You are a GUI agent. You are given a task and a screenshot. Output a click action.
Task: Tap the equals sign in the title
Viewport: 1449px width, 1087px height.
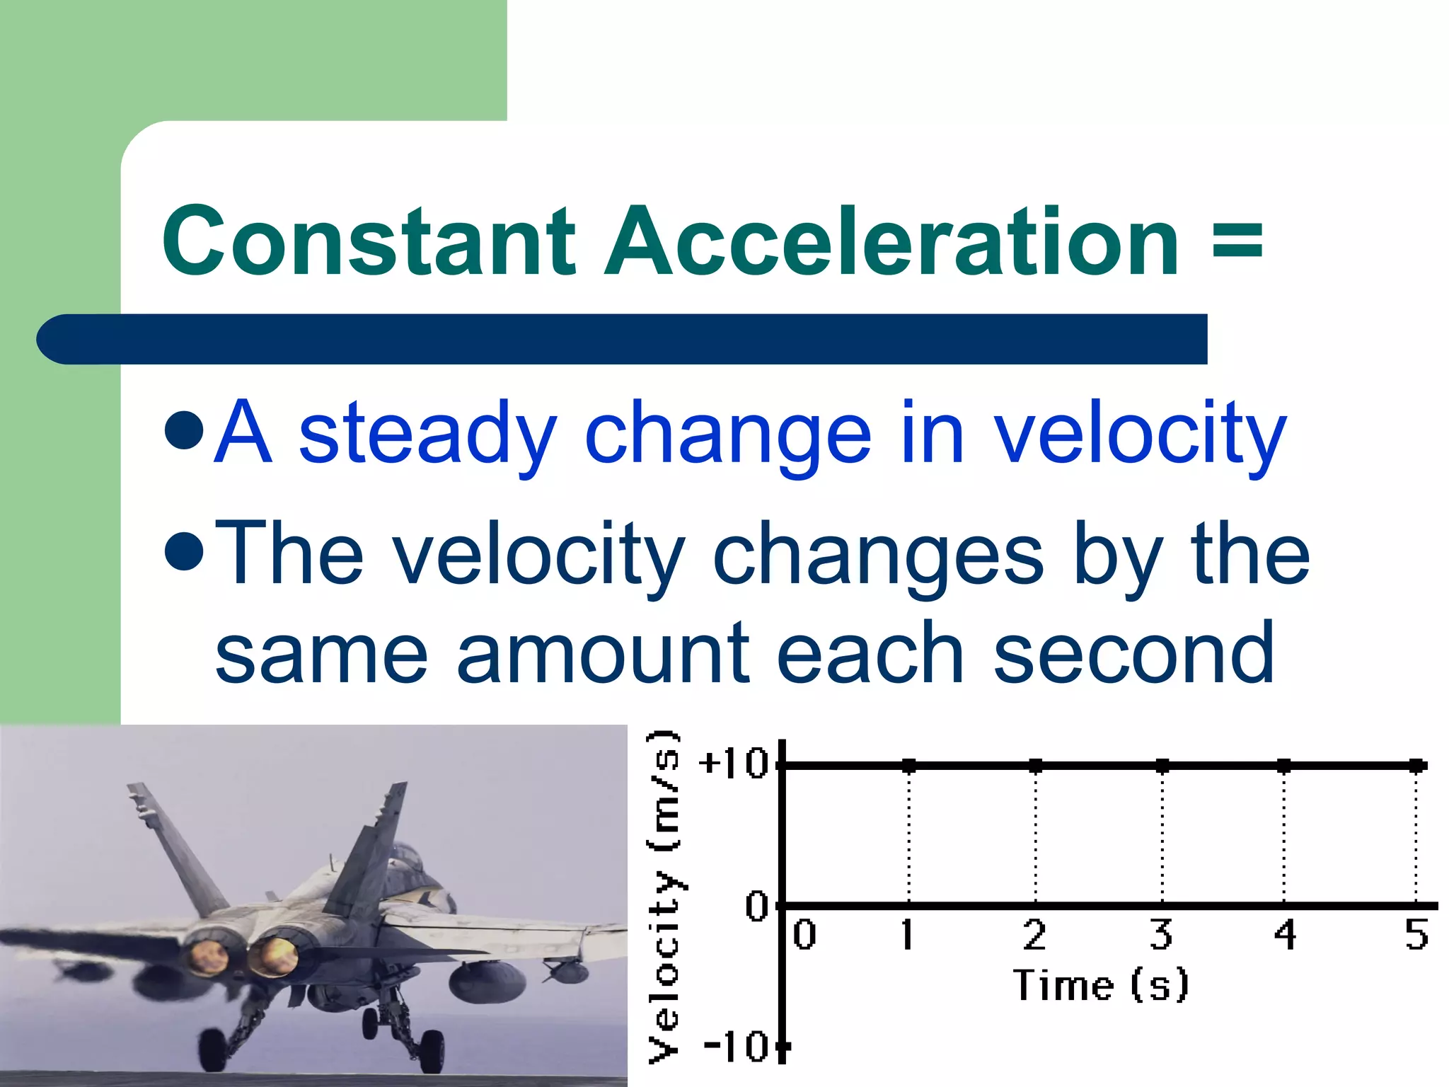[1237, 241]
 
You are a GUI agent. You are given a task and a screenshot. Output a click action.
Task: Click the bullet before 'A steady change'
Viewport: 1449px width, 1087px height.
[184, 430]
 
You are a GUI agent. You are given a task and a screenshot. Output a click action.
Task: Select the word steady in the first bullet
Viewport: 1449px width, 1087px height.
[427, 433]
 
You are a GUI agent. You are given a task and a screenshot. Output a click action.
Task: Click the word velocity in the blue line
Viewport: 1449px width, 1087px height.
[1140, 433]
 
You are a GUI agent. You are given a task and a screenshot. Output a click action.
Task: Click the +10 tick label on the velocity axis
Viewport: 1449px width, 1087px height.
[733, 764]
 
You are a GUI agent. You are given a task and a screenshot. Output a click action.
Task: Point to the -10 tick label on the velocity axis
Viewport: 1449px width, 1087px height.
[736, 1046]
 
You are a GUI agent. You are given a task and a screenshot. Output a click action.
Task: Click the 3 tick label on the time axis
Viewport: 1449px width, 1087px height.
[1161, 935]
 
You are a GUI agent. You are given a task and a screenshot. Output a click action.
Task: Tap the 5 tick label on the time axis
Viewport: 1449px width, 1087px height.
[1416, 935]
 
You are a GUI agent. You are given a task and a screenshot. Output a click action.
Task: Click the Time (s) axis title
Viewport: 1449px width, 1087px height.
[1101, 985]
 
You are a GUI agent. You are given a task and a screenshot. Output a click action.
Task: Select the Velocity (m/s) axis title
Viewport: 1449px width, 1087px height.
[664, 896]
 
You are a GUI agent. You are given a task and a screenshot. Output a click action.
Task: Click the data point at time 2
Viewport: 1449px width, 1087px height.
[1036, 766]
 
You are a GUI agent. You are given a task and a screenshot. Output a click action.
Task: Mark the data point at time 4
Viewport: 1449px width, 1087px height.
[1285, 766]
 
